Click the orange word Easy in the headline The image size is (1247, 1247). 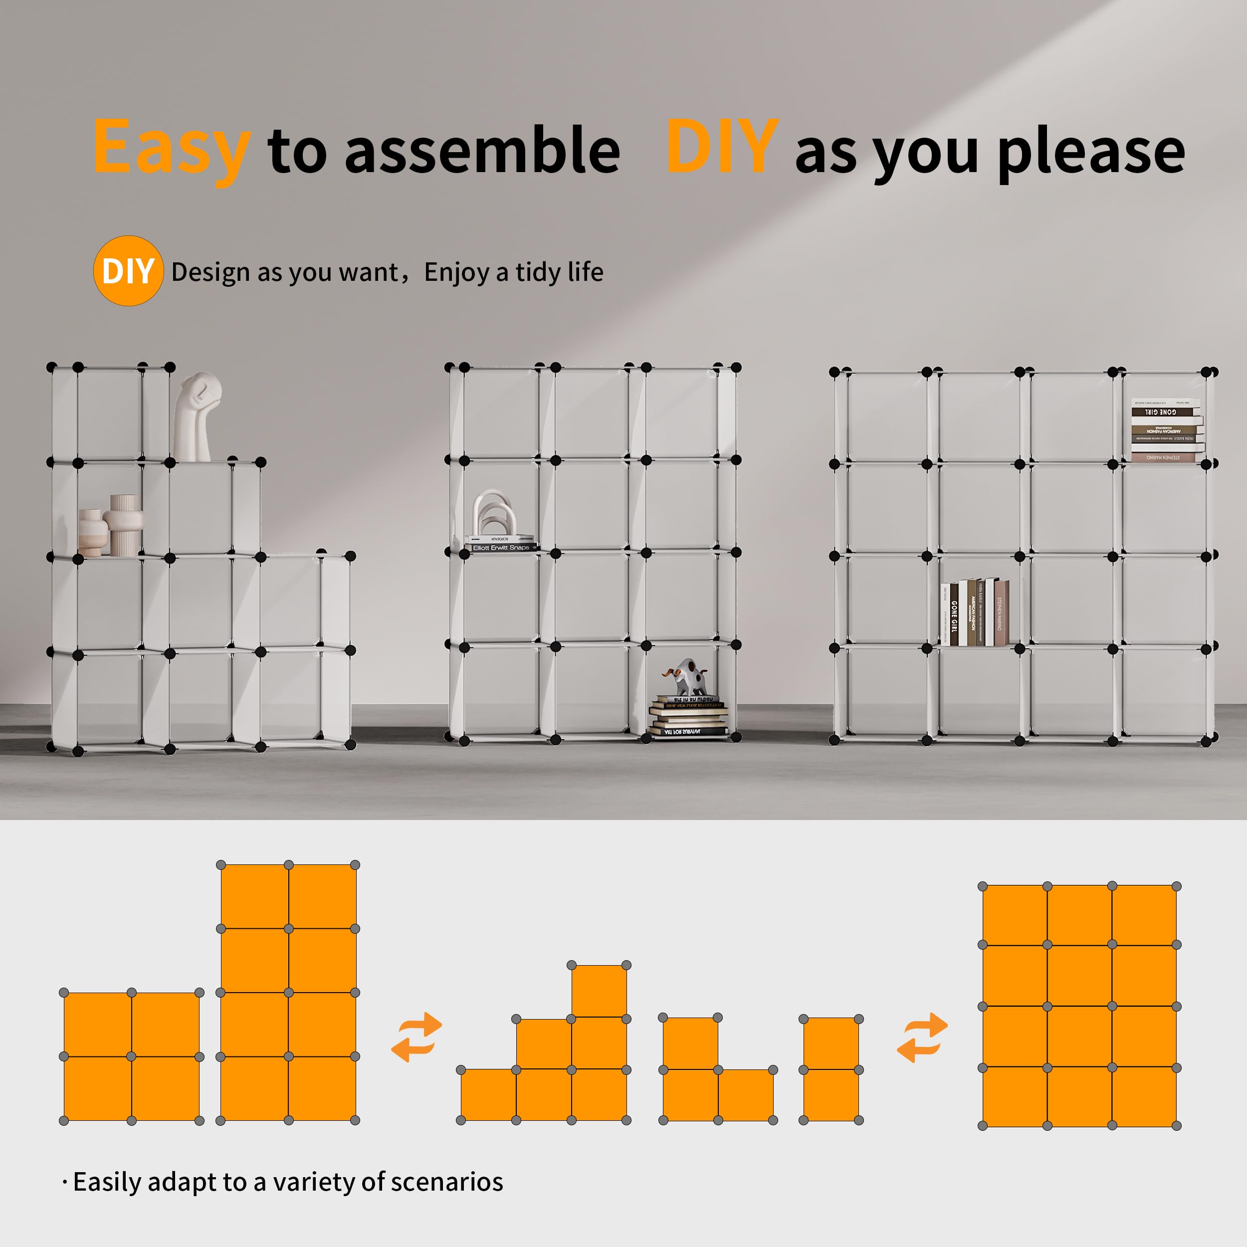coord(171,149)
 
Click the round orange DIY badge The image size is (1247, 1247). coord(128,271)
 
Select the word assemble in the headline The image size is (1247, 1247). coord(482,151)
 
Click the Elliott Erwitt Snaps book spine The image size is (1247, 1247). coord(501,547)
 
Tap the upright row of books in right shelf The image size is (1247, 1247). coord(975,612)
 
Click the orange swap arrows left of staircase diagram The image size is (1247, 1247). coord(417,1037)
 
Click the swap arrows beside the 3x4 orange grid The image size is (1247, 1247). coord(922,1037)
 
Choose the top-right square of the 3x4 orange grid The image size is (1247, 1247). coord(1144,915)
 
